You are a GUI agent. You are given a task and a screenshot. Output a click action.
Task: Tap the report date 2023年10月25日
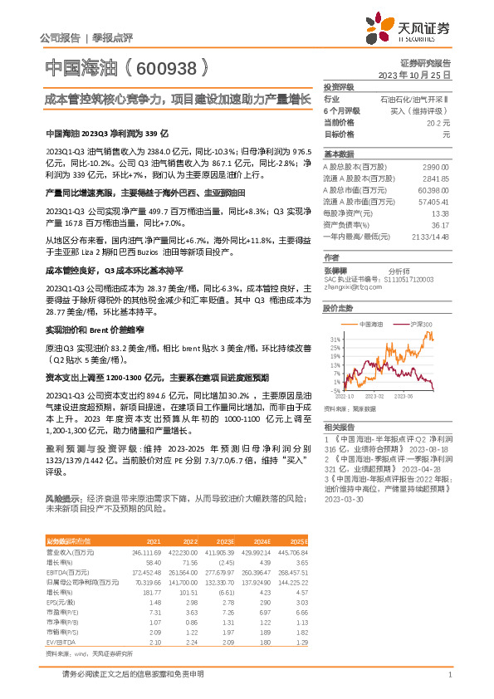418,74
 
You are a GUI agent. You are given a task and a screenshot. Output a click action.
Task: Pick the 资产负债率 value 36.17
440,225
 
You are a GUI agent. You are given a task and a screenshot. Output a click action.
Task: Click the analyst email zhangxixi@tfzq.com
347,286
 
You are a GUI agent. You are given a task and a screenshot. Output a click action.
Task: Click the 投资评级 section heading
339,86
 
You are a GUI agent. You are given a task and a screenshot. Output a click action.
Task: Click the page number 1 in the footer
449,675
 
